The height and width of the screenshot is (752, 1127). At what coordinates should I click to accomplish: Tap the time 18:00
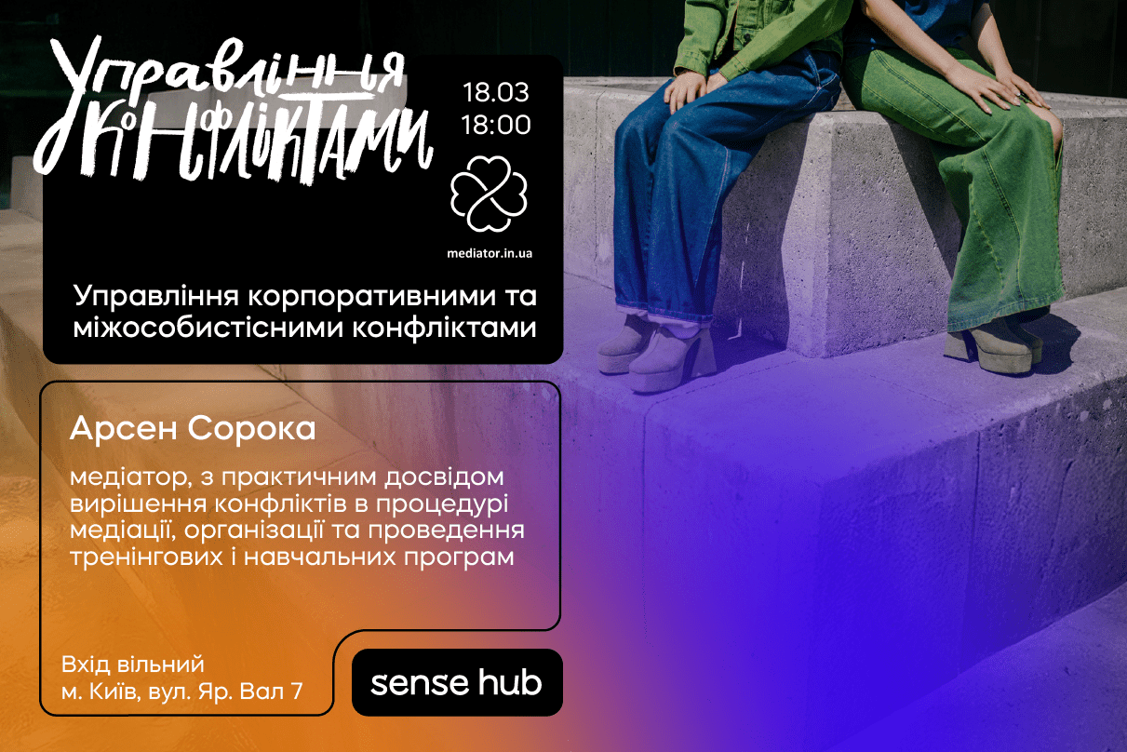pyautogui.click(x=495, y=124)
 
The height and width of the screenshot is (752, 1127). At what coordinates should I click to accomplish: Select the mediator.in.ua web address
pyautogui.click(x=490, y=252)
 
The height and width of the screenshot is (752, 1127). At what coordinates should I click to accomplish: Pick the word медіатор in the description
pyautogui.click(x=122, y=477)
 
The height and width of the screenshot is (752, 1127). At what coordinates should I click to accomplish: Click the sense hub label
pyautogui.click(x=456, y=683)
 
